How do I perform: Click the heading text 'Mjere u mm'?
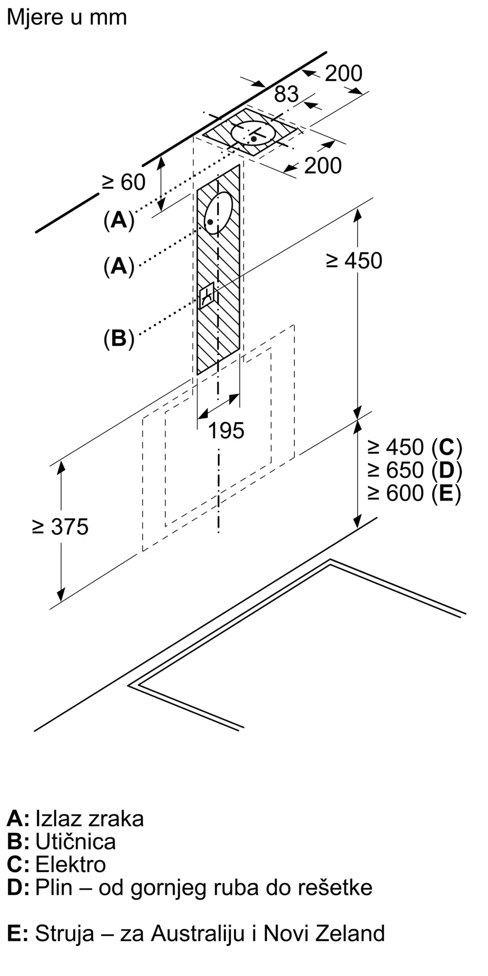click(67, 18)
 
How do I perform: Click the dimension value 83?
click(286, 94)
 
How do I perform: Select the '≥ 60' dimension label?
click(123, 183)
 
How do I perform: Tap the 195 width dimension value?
click(226, 431)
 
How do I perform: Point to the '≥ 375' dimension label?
click(60, 527)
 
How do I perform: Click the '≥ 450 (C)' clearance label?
click(415, 447)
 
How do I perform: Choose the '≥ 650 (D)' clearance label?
click(415, 470)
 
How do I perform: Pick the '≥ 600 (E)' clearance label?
click(414, 493)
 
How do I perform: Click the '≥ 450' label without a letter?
click(354, 261)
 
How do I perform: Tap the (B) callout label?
click(119, 338)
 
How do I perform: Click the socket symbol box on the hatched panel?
click(207, 295)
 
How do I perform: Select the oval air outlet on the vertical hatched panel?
click(218, 213)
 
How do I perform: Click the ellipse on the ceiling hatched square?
click(253, 132)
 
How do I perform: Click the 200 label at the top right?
click(344, 74)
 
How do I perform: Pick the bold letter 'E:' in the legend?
click(18, 933)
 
